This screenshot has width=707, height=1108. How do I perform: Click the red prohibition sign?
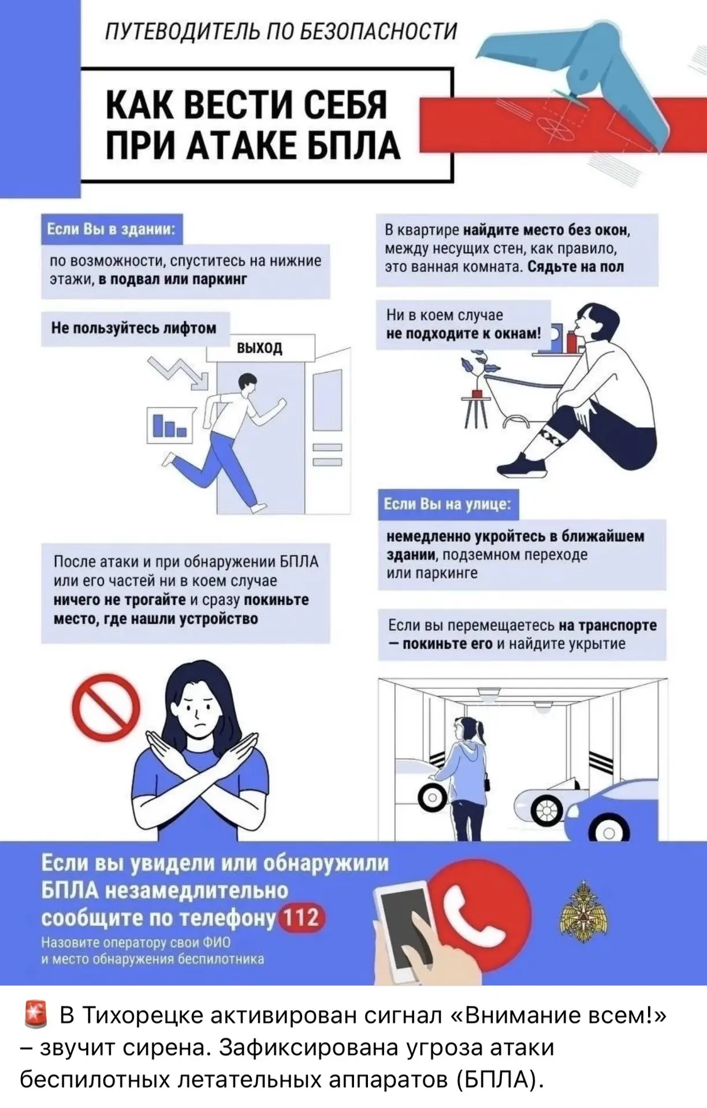[106, 707]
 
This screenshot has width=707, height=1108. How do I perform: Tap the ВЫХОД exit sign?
[260, 347]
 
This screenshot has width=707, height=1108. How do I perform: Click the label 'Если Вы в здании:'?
[111, 229]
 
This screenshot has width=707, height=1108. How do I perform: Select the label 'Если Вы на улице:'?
[448, 504]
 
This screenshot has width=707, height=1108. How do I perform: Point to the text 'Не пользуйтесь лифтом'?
[133, 328]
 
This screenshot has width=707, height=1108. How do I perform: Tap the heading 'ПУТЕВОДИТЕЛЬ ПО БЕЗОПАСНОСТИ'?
[281, 31]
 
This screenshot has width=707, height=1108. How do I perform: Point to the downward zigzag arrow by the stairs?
[178, 372]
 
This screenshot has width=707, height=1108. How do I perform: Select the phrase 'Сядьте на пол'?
[576, 267]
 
